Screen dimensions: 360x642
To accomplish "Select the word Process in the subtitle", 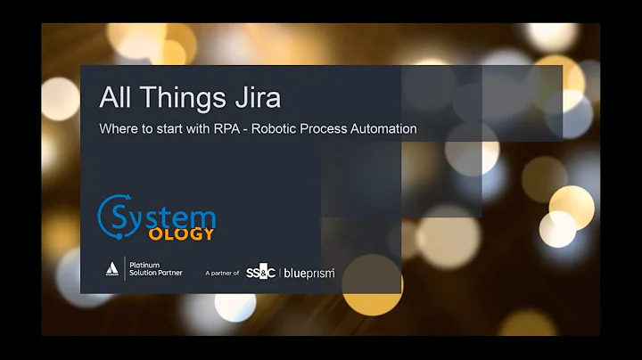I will tap(327, 128).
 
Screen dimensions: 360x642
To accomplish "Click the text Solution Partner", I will tap(156, 273).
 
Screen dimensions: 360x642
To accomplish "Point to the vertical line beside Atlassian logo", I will tap(124, 268).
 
